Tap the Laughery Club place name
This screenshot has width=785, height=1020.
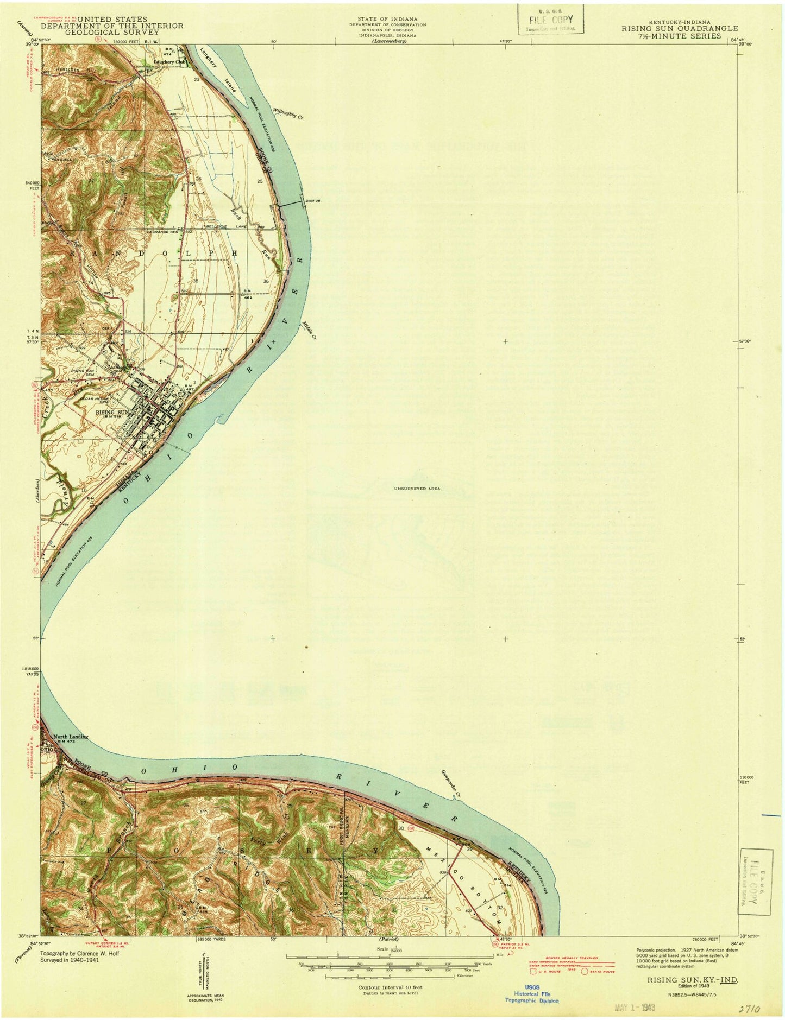coord(170,62)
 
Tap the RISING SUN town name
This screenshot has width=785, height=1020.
coord(113,413)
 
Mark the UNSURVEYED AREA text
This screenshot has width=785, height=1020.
coord(417,489)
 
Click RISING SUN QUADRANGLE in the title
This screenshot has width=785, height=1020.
coord(680,29)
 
